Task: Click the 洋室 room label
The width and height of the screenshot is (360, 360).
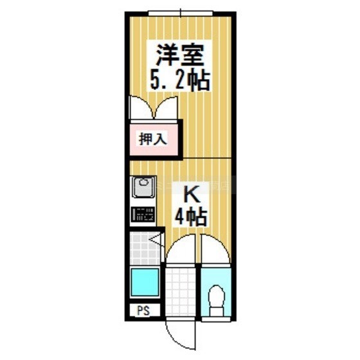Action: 180,55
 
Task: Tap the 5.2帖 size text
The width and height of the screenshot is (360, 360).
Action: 180,80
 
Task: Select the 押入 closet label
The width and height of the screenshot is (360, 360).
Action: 153,139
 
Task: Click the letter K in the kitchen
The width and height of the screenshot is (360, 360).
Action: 192,194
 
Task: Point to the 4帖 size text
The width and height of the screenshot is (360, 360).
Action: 192,217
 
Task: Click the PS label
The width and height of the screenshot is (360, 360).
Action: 143,310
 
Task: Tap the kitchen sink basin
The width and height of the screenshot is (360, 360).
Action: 143,187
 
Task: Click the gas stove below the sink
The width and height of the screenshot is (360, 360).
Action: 143,214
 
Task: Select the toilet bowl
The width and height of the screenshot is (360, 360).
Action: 216,296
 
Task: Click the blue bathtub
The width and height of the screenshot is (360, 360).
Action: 145,282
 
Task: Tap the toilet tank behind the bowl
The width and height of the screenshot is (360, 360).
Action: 217,312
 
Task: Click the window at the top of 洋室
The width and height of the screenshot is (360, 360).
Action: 181,13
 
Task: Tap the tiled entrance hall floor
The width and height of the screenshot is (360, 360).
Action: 181,292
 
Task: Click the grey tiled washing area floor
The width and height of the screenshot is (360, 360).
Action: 145,248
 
